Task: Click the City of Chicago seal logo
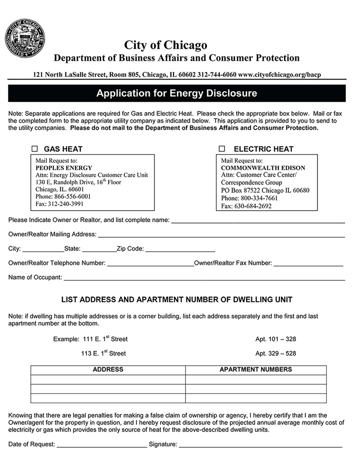pyautogui.click(x=25, y=39)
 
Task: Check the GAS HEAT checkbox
pyautogui.click(x=35, y=149)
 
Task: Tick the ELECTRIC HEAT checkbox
pyautogui.click(x=222, y=149)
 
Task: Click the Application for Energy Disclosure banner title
pyautogui.click(x=177, y=93)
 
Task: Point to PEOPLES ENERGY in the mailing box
pyautogui.click(x=64, y=168)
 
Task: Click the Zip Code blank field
pyautogui.click(x=180, y=250)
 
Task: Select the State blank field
pyautogui.click(x=99, y=250)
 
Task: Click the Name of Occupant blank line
pyautogui.click(x=204, y=278)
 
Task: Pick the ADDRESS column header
pyautogui.click(x=108, y=370)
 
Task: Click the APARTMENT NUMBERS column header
pyautogui.click(x=255, y=370)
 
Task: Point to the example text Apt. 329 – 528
pyautogui.click(x=276, y=354)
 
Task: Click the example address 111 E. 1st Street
pyautogui.click(x=105, y=339)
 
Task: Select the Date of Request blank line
pyautogui.click(x=102, y=445)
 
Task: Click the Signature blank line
pyautogui.click(x=260, y=445)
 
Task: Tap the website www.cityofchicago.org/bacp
pyautogui.click(x=279, y=75)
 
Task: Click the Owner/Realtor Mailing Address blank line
pyautogui.click(x=221, y=235)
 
